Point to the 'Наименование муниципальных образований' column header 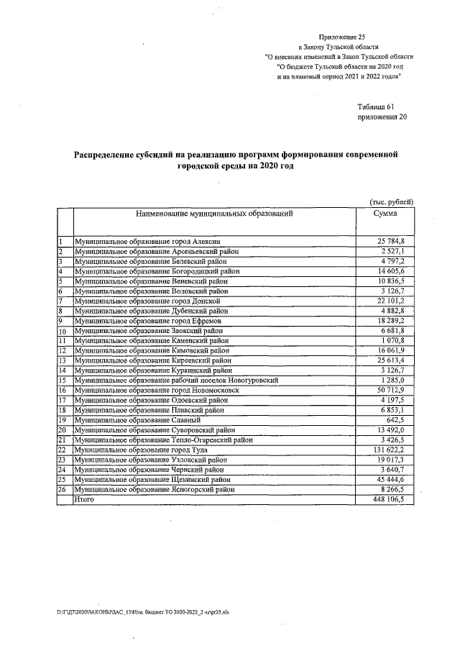[x=213, y=214]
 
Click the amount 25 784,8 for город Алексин [x=391, y=241]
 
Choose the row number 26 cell [x=63, y=489]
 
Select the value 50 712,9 [x=391, y=390]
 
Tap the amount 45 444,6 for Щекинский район [x=391, y=479]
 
